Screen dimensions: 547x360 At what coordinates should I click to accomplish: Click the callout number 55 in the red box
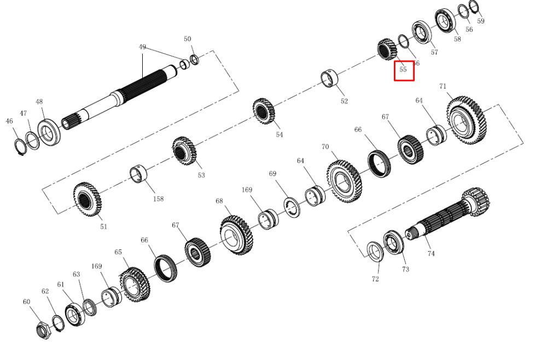tap(403, 69)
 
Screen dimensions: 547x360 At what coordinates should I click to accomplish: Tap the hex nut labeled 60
tap(44, 330)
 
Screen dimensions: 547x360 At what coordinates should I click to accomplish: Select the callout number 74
tap(431, 254)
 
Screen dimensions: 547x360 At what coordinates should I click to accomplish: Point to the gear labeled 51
tap(87, 199)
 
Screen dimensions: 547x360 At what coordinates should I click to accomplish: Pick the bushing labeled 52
tap(329, 78)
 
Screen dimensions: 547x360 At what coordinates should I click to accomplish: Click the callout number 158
tap(159, 199)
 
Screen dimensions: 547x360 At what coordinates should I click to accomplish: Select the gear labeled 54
tap(264, 111)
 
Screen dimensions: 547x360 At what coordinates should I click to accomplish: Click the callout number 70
tap(325, 147)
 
